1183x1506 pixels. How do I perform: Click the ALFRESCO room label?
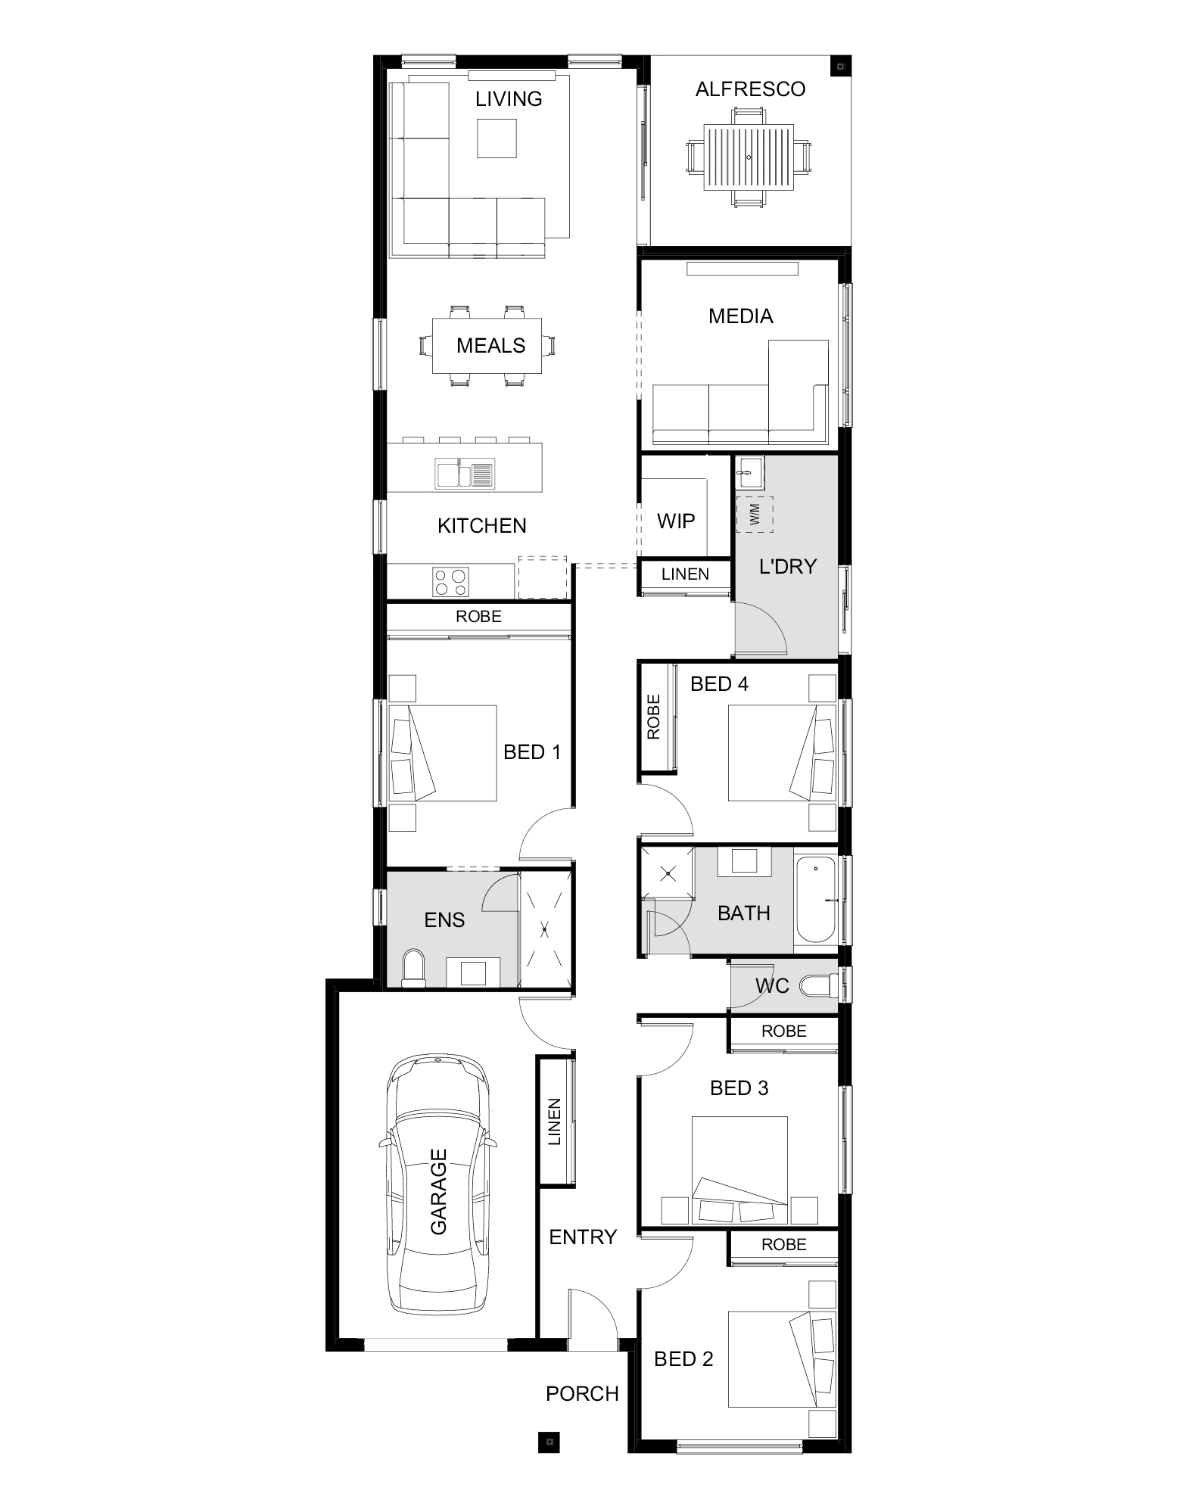750,89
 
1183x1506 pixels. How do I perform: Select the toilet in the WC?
817,986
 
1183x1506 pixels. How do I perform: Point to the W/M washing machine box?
755,515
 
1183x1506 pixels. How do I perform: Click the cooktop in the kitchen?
450,582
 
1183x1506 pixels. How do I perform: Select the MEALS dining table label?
490,346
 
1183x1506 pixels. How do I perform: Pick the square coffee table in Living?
497,138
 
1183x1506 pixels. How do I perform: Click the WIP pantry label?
676,521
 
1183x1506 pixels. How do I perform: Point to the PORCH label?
582,1393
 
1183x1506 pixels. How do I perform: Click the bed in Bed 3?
740,1169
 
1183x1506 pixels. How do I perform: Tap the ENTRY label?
583,1237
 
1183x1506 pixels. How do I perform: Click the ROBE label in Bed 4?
654,717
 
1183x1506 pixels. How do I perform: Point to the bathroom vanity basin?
743,862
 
